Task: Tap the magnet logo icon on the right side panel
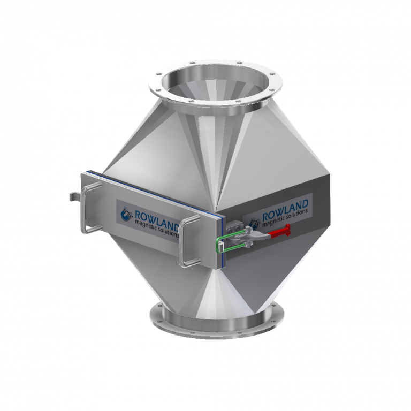254,217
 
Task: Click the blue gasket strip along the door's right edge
217,235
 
